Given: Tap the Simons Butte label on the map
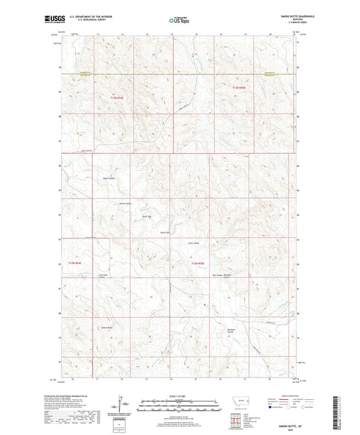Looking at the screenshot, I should click(107, 328).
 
